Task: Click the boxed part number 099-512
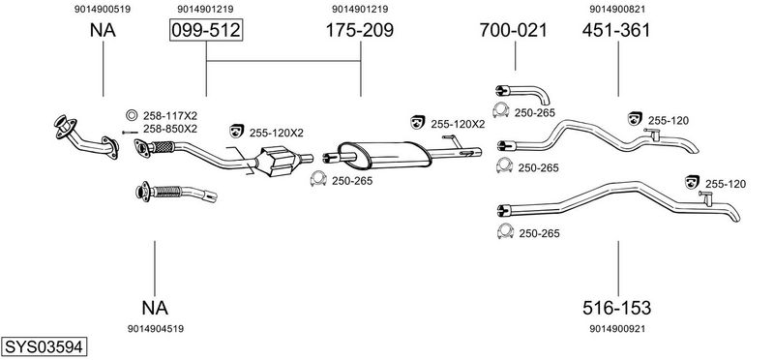click(206, 31)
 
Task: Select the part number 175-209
click(359, 31)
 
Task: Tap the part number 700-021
click(514, 31)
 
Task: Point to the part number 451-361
click(616, 31)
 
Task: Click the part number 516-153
click(616, 308)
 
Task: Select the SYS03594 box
click(44, 346)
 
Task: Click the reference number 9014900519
click(103, 9)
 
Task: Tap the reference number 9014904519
click(156, 329)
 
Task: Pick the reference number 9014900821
click(617, 9)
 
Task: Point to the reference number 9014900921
click(617, 329)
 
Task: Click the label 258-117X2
click(170, 116)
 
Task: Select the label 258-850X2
click(170, 129)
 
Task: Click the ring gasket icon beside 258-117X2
click(132, 115)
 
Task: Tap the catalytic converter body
click(278, 161)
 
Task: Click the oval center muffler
click(383, 155)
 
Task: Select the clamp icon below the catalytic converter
click(319, 179)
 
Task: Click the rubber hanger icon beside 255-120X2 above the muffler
click(418, 122)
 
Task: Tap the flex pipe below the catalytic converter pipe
click(176, 193)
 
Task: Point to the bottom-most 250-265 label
click(539, 233)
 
